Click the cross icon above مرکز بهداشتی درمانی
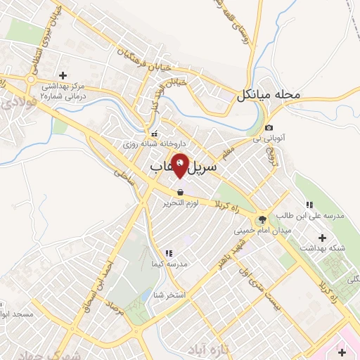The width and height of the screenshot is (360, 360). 63,75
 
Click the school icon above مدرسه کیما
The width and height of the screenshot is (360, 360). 169,252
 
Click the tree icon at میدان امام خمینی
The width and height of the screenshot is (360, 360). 262,219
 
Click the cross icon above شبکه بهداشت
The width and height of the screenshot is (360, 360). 323,238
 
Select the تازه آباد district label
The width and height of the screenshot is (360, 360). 210,349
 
